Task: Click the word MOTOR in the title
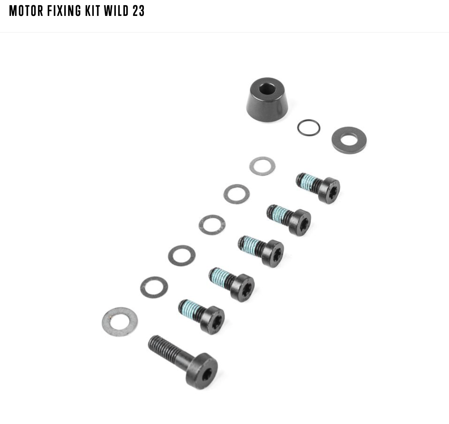(x=26, y=11)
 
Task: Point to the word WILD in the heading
(x=116, y=11)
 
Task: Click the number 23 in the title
(x=138, y=11)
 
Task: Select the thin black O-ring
(x=308, y=128)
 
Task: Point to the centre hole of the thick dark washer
(x=349, y=140)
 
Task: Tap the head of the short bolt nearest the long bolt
(x=212, y=320)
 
